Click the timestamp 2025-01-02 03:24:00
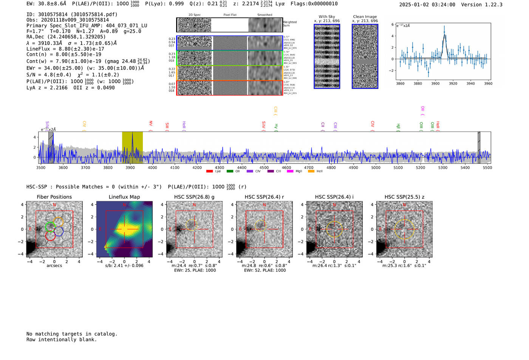(x=427, y=5)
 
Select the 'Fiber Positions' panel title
(x=54, y=197)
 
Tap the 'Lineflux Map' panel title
(x=124, y=197)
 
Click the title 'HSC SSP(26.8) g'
(x=194, y=197)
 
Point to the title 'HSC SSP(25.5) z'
(x=404, y=197)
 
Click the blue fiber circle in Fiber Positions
(x=59, y=232)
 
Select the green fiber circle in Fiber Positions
(x=50, y=227)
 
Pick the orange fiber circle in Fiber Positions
(x=58, y=222)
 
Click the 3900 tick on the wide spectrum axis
(x=130, y=168)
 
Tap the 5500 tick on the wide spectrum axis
(x=487, y=168)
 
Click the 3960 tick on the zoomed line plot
(x=488, y=83)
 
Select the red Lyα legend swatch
(x=209, y=172)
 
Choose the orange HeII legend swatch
(x=311, y=172)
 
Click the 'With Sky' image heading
(x=327, y=17)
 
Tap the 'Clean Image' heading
(x=365, y=17)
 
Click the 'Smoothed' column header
(x=264, y=15)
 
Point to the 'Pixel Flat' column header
(x=230, y=15)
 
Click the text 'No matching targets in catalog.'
(x=72, y=334)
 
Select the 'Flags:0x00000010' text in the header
(x=314, y=4)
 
